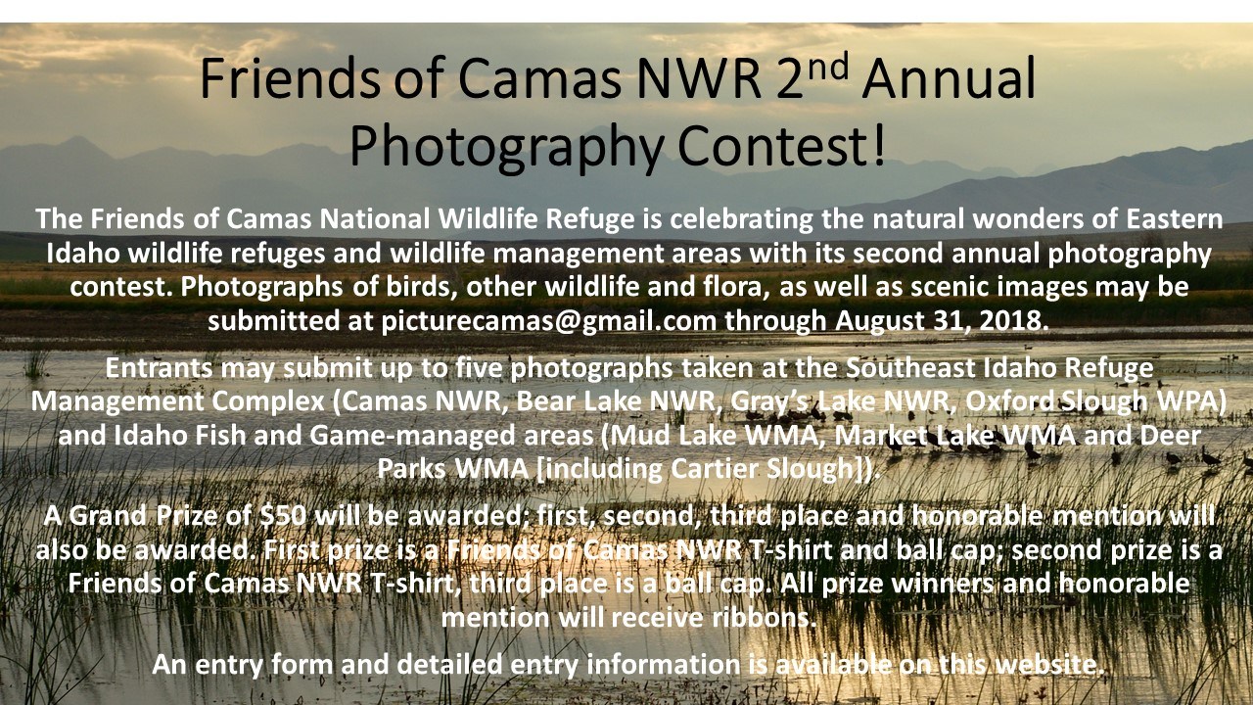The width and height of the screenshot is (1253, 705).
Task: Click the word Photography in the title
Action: point(507,147)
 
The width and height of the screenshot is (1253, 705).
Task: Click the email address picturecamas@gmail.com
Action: point(549,321)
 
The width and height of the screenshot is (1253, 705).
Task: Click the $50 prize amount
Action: point(283,516)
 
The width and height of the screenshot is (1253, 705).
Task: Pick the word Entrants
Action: point(159,368)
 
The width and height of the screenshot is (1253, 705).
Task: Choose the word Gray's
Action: point(769,402)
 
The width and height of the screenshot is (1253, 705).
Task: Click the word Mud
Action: point(640,436)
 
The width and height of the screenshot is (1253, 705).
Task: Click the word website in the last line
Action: point(1045,664)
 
